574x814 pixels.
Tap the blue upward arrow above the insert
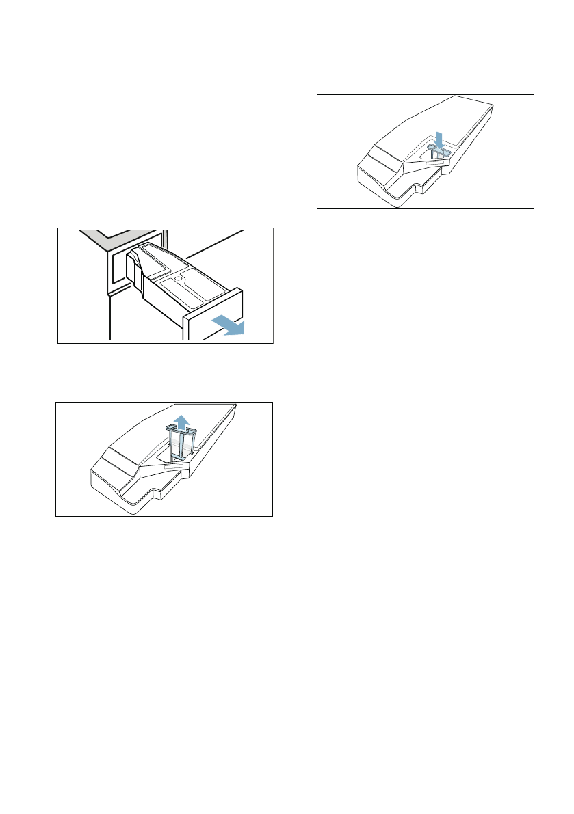181,420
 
